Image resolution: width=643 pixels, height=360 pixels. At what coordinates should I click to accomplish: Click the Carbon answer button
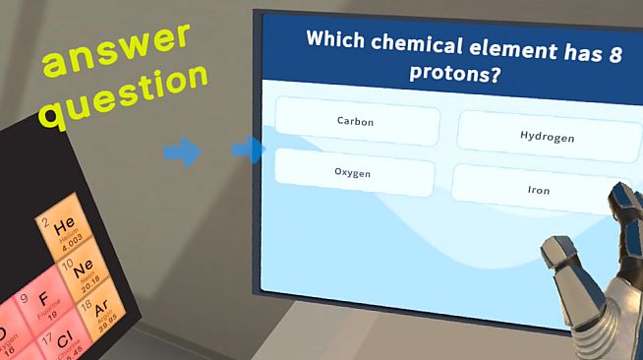click(x=356, y=122)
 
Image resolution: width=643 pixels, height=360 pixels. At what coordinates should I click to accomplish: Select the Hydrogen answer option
click(x=547, y=137)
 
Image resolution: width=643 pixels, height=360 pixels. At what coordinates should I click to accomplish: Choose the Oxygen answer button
click(x=353, y=173)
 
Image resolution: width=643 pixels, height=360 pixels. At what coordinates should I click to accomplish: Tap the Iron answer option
click(x=538, y=190)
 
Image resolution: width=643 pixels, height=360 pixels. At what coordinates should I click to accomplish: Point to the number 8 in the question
click(x=615, y=55)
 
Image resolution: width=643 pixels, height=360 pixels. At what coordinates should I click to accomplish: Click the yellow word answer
click(x=116, y=48)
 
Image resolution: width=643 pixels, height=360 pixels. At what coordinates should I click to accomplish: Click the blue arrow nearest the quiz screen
click(x=248, y=150)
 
